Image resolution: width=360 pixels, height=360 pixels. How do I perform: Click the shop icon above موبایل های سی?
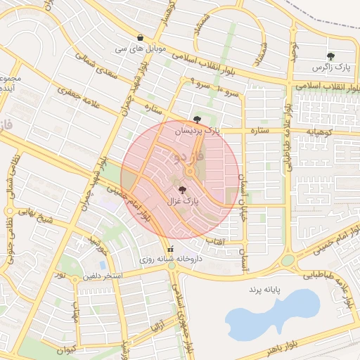(x=141, y=38)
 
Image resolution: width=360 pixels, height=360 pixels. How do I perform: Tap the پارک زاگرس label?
(x=332, y=67)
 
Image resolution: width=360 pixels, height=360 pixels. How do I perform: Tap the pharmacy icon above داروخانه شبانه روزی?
(x=170, y=248)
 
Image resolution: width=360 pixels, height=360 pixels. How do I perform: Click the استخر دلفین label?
(x=102, y=276)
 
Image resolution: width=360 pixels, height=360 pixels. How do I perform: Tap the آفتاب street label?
(x=214, y=240)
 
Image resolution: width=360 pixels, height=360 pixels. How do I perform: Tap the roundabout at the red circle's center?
(x=190, y=173)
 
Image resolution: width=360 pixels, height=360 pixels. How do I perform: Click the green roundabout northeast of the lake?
(x=287, y=261)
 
